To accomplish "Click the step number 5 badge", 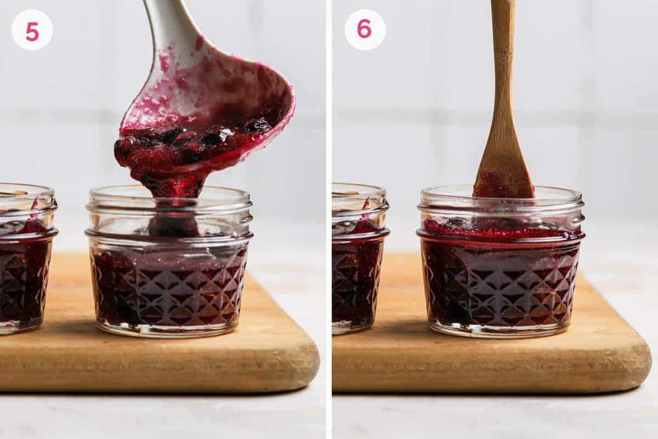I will (x=32, y=30).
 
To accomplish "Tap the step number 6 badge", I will (x=365, y=29).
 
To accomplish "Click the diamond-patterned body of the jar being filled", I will (x=169, y=285).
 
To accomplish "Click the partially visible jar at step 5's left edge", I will (x=25, y=258).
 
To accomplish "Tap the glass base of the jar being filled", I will (x=169, y=329).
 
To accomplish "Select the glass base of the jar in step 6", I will (x=500, y=329).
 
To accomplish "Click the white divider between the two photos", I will (x=329, y=219).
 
